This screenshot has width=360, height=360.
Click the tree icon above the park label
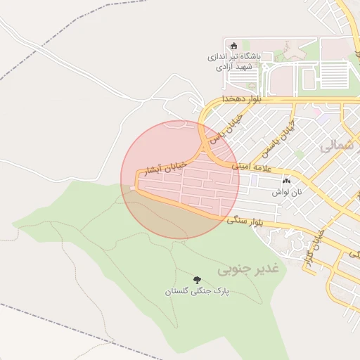(196, 279)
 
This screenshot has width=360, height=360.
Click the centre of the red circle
(180, 180)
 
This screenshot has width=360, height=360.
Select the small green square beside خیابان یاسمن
(300, 153)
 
